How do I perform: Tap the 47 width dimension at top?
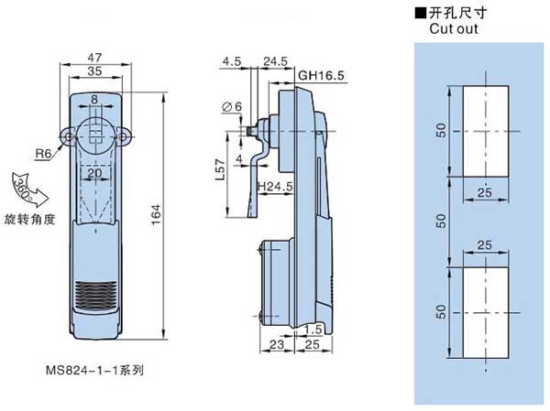(x=95, y=59)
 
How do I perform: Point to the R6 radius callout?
(x=44, y=153)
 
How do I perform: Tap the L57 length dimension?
(x=218, y=170)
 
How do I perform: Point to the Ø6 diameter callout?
(x=232, y=107)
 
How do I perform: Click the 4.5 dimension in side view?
(x=230, y=62)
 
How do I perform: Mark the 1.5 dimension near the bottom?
(x=313, y=329)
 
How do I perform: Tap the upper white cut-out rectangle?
(x=484, y=132)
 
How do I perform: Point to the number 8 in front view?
(x=94, y=100)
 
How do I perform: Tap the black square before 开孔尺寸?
(x=422, y=13)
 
